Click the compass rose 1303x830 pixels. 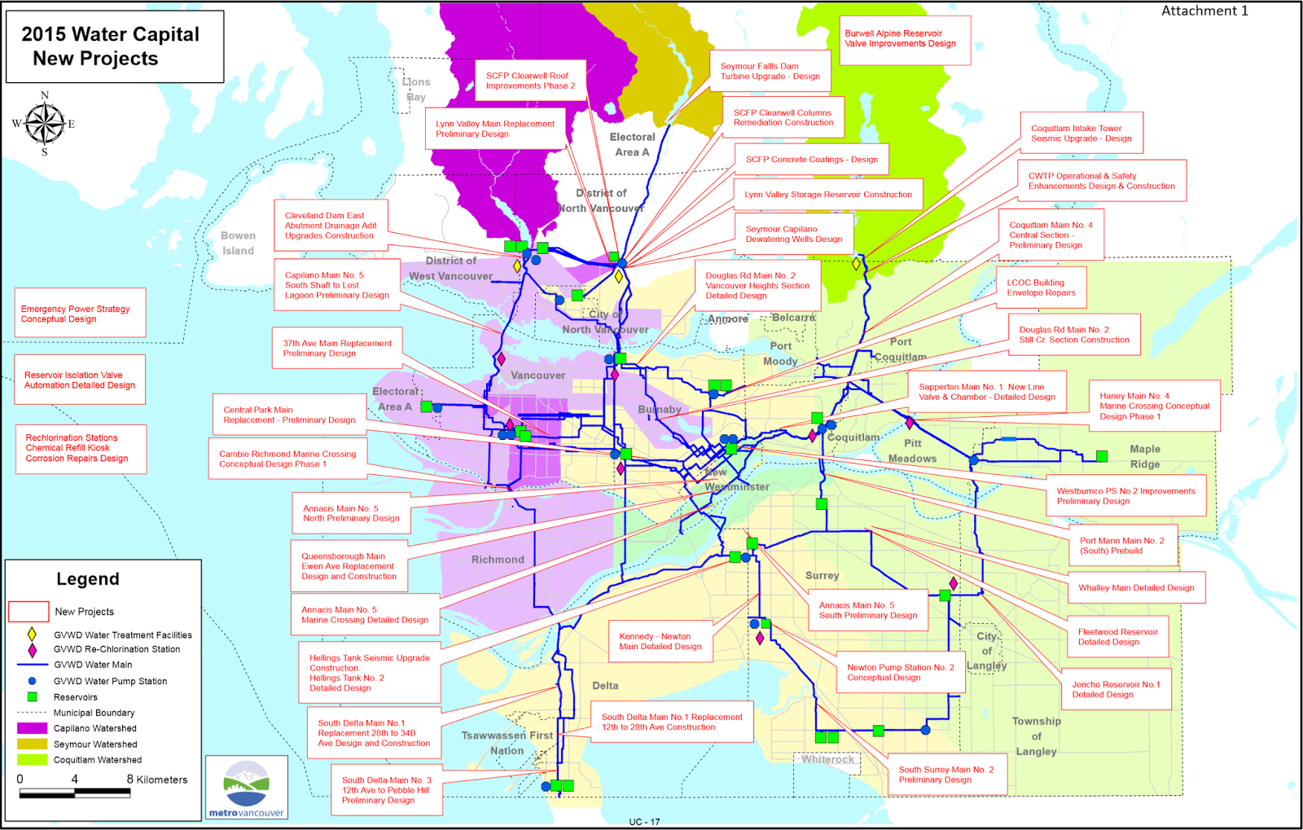(x=45, y=124)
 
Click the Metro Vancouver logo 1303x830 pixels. (x=246, y=788)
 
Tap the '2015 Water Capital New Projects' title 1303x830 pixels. (x=110, y=46)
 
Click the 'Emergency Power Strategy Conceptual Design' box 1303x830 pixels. (x=79, y=314)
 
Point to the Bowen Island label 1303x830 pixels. (x=238, y=243)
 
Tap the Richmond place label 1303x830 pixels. (x=498, y=560)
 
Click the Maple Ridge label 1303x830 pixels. (x=1144, y=456)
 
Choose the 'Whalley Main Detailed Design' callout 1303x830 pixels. (x=1136, y=587)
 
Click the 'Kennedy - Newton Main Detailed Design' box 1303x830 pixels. (x=660, y=641)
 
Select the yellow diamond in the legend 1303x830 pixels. (x=32, y=635)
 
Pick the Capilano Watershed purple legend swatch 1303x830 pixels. (x=32, y=728)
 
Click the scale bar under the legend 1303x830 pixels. (x=74, y=792)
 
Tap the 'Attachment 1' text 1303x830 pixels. (x=1204, y=11)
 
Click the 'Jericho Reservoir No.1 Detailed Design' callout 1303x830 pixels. (x=1115, y=689)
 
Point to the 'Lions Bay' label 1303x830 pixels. (x=416, y=89)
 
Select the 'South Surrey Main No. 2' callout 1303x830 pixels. (x=945, y=775)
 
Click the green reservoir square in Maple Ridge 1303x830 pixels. (x=1101, y=456)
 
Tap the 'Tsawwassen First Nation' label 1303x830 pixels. (x=507, y=742)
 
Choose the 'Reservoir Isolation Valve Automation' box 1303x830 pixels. (x=79, y=380)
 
